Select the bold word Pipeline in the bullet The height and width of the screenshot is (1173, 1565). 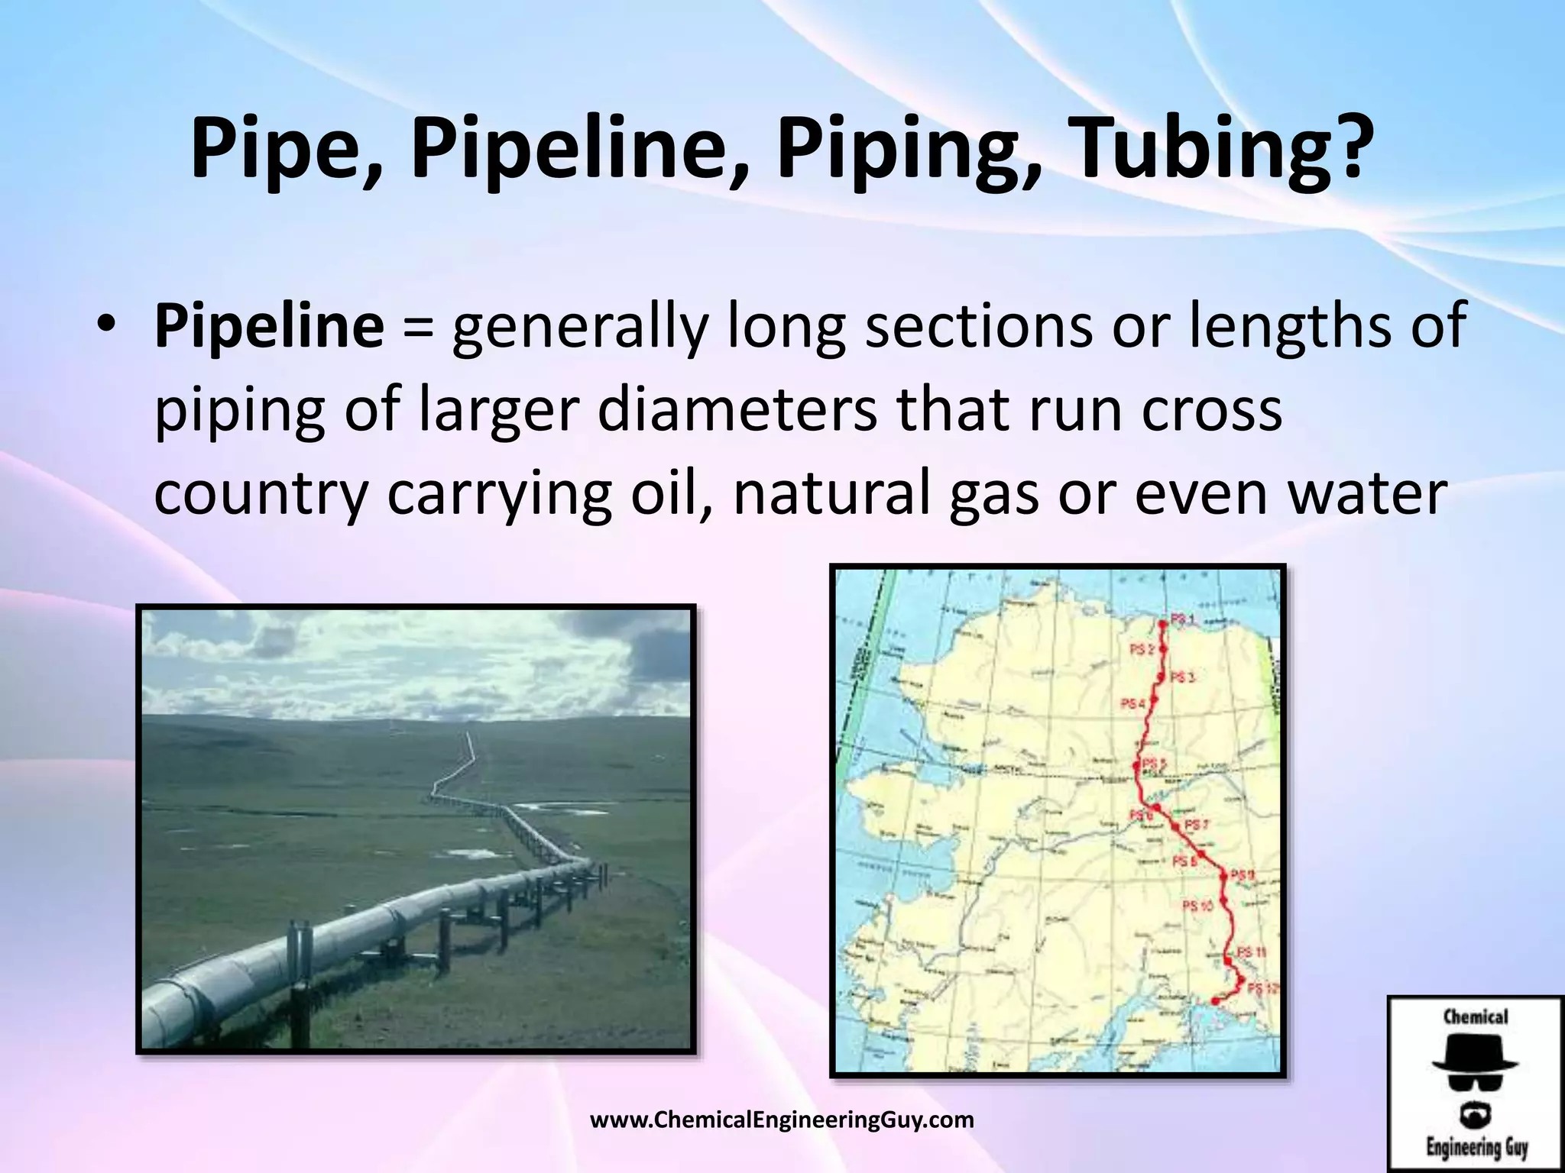269,326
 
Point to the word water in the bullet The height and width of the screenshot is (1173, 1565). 1368,493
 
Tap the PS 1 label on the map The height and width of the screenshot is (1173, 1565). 1183,619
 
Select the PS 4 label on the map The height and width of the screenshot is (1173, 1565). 1132,703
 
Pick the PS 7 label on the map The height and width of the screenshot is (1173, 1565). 1197,825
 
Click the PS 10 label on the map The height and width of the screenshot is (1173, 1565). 1197,906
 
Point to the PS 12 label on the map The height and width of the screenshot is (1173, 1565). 1262,988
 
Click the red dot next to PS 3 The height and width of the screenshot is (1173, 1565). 1161,677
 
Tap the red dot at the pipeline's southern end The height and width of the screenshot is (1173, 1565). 1215,1000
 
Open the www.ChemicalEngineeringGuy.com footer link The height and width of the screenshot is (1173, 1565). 782,1120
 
